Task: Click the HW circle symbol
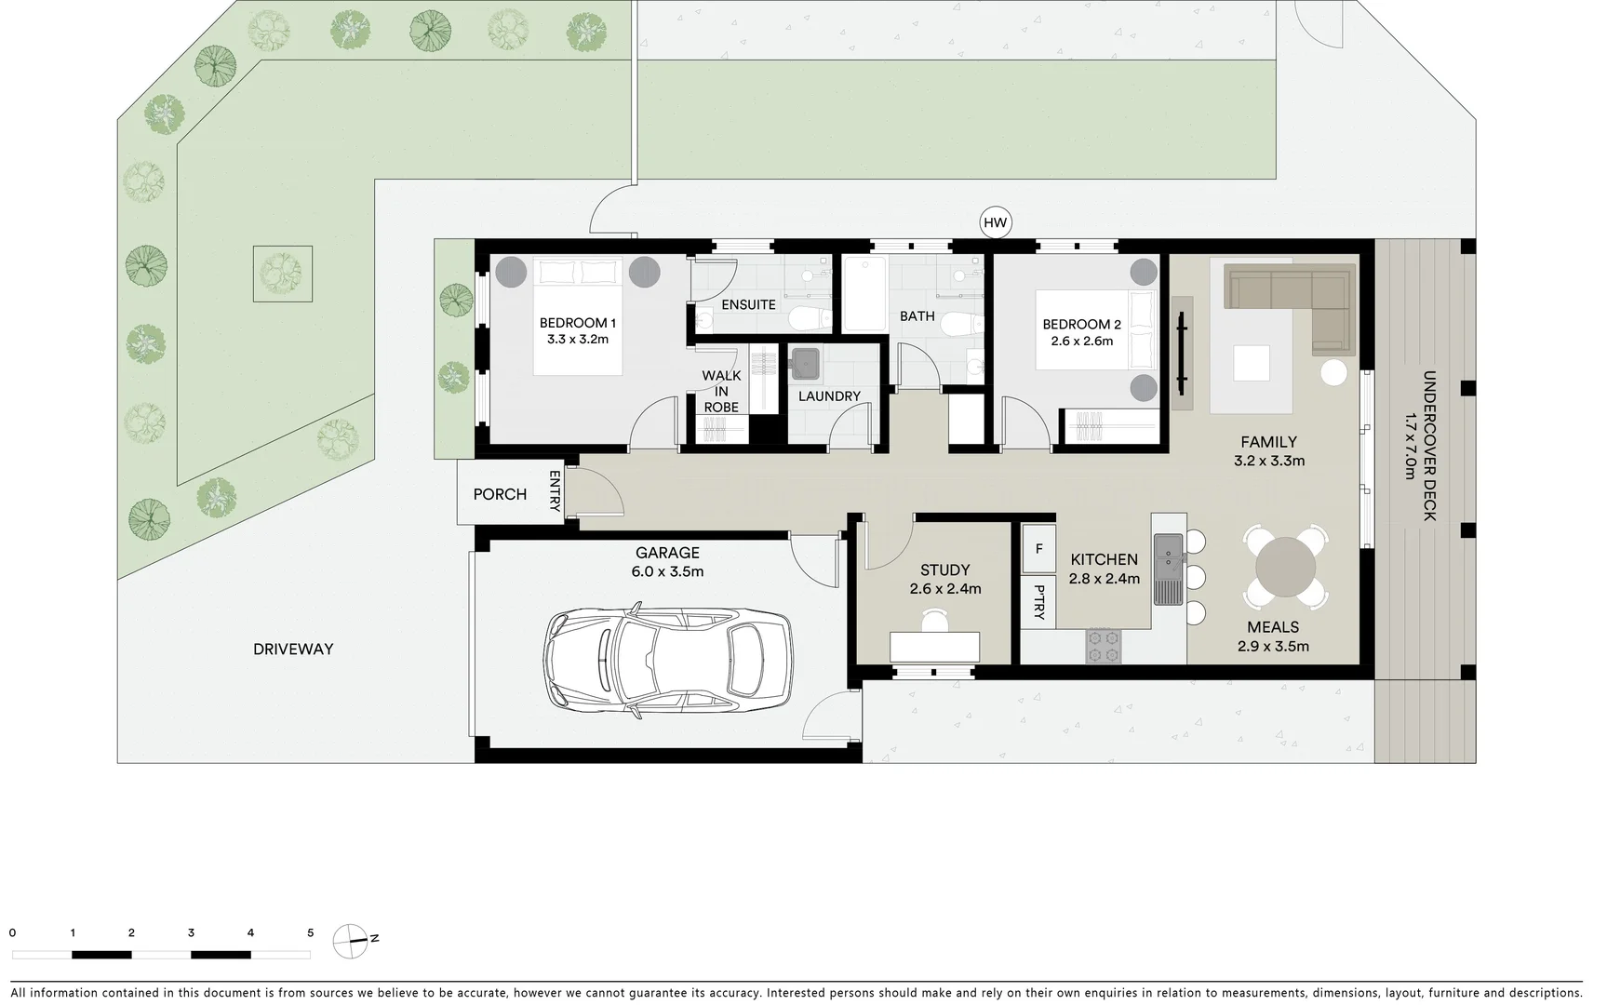996,222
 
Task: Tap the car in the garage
667,660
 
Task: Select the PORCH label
500,494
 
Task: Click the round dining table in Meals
1286,567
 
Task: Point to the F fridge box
1038,548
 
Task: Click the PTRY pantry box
1038,602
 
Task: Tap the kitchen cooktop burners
1104,646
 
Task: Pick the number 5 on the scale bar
310,932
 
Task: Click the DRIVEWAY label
293,650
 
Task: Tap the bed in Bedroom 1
577,316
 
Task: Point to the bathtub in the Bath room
864,293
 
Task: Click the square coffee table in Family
1251,363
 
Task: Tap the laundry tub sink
805,364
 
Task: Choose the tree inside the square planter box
282,273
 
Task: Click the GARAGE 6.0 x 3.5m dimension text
667,571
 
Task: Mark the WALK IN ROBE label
721,391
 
